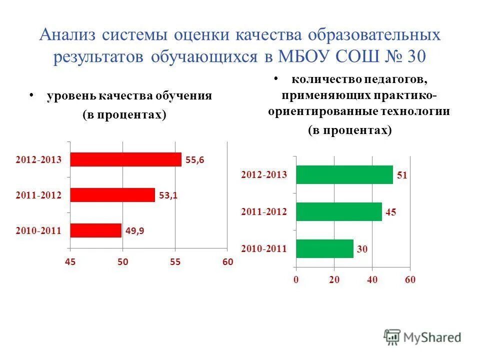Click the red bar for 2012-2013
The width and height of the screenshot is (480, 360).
pos(125,159)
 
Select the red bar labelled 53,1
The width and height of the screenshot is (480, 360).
pos(112,195)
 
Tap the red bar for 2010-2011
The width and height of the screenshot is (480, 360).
pos(95,230)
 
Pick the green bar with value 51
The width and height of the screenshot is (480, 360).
pos(344,175)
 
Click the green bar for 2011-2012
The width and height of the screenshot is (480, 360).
pos(338,212)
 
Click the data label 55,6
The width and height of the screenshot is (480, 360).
pos(195,160)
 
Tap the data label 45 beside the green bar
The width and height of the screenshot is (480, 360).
pos(390,212)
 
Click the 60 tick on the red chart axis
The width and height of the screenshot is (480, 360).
pos(227,262)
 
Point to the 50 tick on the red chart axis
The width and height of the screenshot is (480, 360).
pos(123,262)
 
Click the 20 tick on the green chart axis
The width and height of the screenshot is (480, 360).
pos(334,280)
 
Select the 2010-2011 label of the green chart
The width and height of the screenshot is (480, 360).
pos(264,248)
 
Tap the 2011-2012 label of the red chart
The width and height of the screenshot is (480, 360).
pos(38,195)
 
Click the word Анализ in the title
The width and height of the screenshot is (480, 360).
pos(68,36)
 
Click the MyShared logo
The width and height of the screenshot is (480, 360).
pos(422,337)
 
